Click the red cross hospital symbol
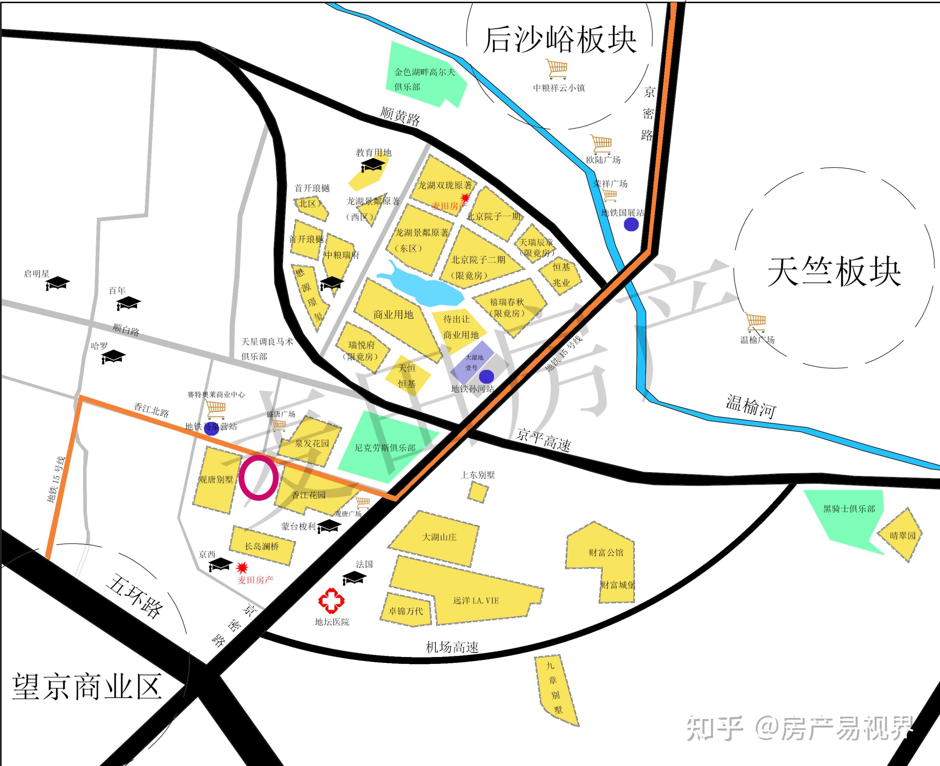[x=331, y=601]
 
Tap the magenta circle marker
[x=259, y=478]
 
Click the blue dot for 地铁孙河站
[x=486, y=377]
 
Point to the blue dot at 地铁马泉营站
[x=211, y=429]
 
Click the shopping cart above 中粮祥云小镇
[x=557, y=69]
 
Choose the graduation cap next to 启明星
[x=58, y=282]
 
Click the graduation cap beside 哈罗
[x=113, y=356]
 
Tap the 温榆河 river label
[x=751, y=406]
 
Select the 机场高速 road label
[x=452, y=647]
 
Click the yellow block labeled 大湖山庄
[x=437, y=538]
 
